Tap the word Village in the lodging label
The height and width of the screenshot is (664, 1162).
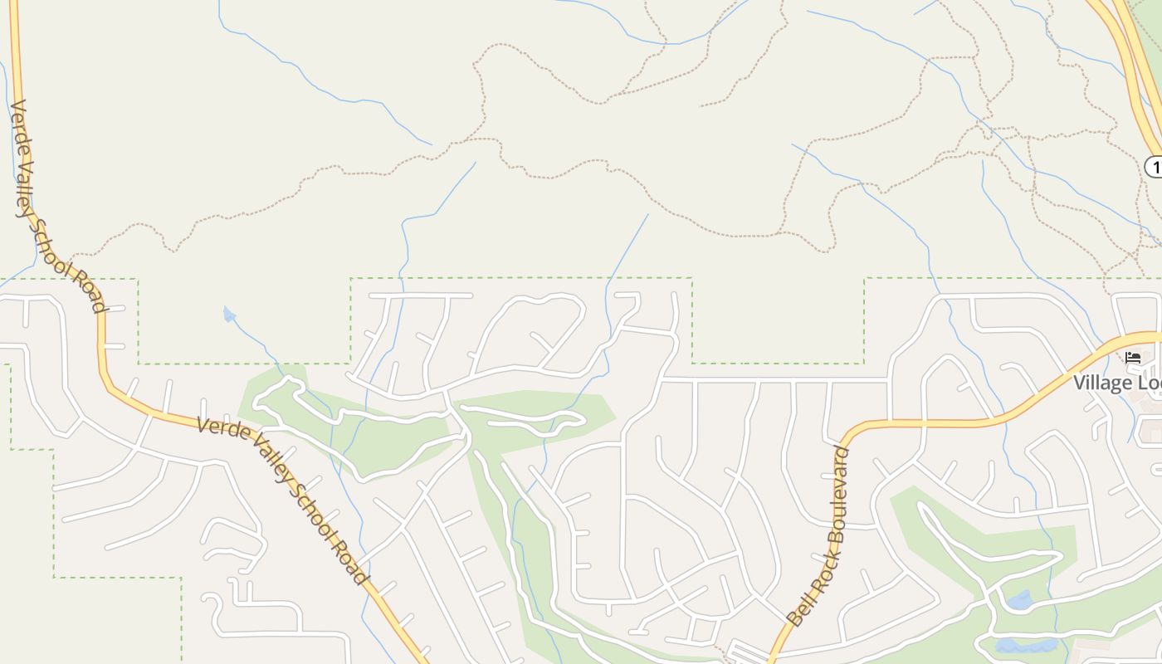tap(1102, 383)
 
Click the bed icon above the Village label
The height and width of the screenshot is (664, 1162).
tap(1133, 359)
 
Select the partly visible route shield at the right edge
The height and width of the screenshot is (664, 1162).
tap(1154, 167)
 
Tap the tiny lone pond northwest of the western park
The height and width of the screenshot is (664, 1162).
tap(229, 314)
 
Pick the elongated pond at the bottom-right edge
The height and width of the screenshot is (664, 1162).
tap(1024, 645)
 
